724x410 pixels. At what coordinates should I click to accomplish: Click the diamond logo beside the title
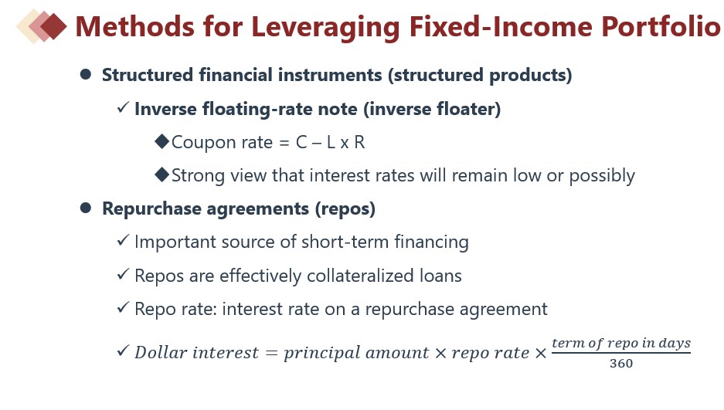click(42, 26)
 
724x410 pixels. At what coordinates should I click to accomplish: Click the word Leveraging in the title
click(325, 27)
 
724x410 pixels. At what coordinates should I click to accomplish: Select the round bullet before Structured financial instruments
click(86, 74)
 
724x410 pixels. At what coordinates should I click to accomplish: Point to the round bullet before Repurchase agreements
click(86, 208)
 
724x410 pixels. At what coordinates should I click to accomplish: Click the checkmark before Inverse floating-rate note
click(123, 108)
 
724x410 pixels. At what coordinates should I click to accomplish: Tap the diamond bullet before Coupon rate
click(162, 141)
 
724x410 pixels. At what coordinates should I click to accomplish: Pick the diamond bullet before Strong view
click(162, 175)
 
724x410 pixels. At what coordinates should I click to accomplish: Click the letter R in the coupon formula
click(359, 143)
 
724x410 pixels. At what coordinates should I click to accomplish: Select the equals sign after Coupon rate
click(284, 143)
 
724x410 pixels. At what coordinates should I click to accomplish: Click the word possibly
click(602, 176)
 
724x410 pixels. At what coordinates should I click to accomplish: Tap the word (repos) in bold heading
click(345, 209)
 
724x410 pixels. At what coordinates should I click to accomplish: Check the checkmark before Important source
click(123, 241)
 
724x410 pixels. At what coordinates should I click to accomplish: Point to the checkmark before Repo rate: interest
click(123, 307)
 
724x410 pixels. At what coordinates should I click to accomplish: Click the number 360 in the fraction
click(621, 364)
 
